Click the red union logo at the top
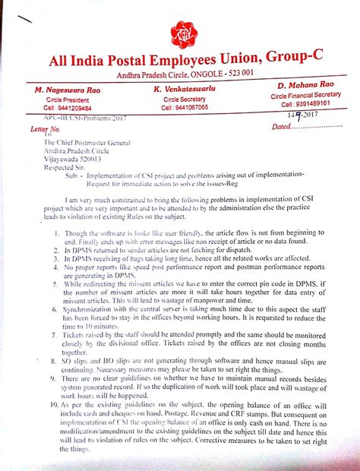coord(182,31)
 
